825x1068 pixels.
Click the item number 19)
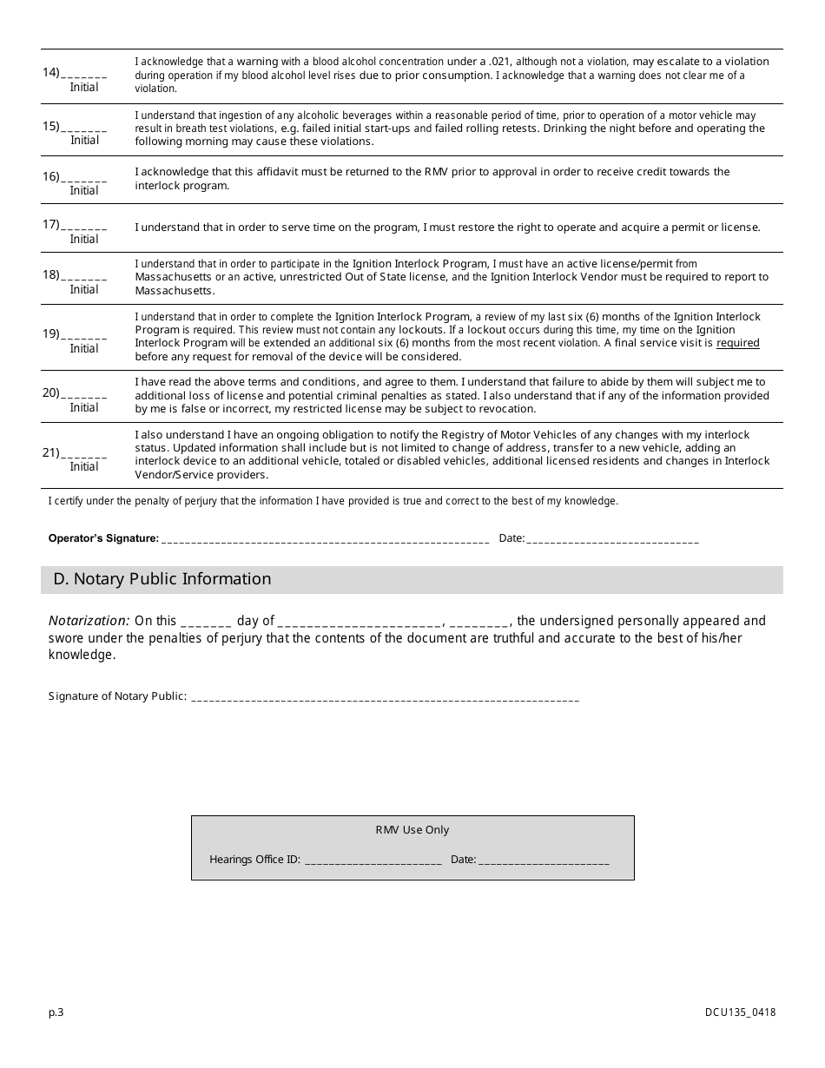(x=51, y=333)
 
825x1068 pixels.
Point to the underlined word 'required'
(x=737, y=343)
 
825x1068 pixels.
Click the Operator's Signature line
(x=325, y=540)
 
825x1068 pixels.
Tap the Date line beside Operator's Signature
(x=611, y=540)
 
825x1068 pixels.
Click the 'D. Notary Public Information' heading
(x=162, y=579)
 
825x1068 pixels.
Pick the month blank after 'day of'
(x=360, y=623)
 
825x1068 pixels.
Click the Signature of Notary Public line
(x=384, y=697)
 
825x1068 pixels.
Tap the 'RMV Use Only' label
(x=412, y=830)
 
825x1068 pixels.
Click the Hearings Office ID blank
(x=373, y=861)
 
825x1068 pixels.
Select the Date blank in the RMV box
(x=544, y=861)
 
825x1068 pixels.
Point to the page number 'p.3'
(x=56, y=1012)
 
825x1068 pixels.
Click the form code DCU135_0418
(x=740, y=1012)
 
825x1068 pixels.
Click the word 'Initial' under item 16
(x=84, y=190)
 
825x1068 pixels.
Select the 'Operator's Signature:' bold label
(x=103, y=538)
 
